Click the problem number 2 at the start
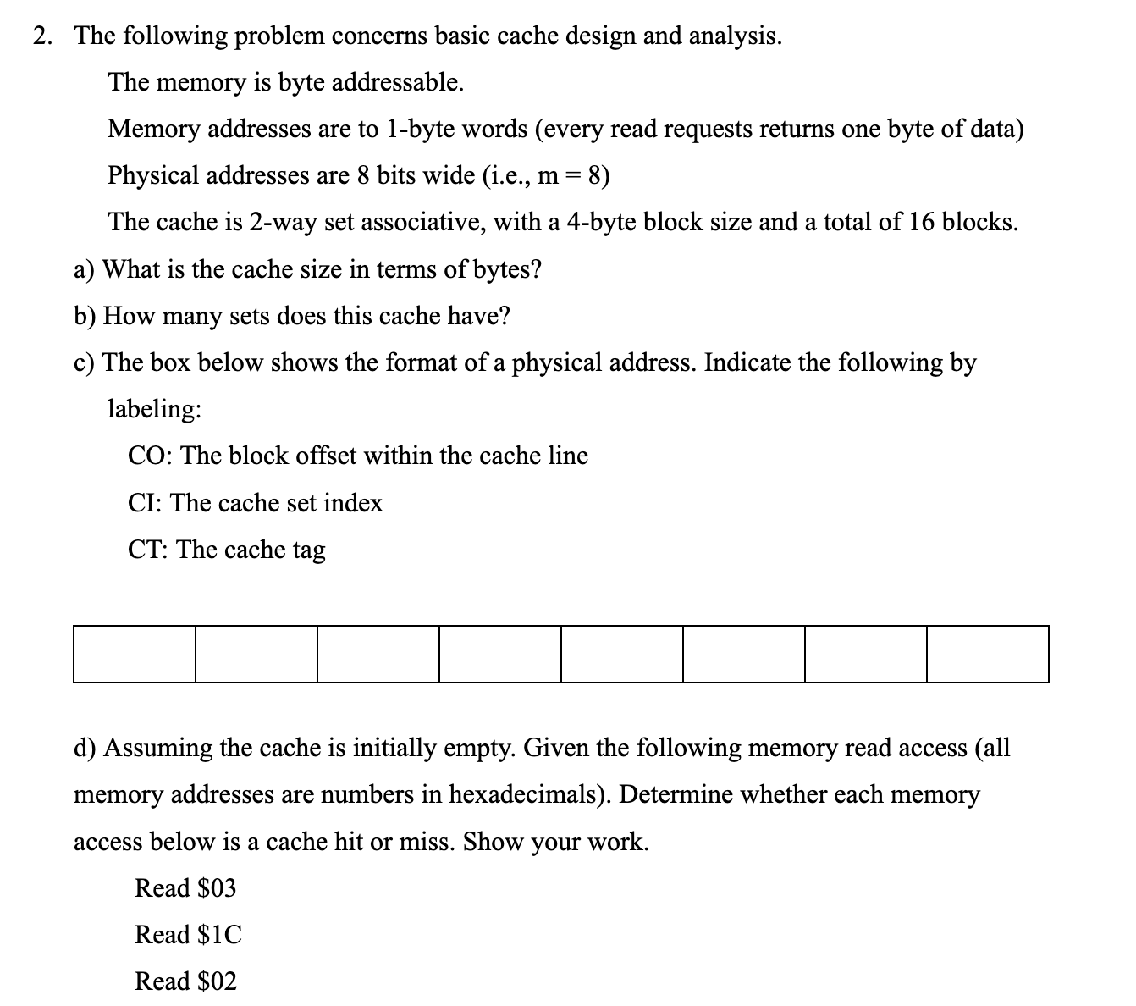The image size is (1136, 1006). click(41, 36)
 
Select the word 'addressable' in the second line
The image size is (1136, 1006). click(397, 83)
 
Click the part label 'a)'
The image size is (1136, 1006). click(84, 270)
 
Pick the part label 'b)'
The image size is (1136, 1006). click(85, 317)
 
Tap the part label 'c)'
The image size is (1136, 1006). click(84, 363)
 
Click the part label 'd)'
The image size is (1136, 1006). click(85, 749)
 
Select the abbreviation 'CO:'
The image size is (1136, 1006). click(151, 456)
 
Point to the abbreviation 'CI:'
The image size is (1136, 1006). click(146, 504)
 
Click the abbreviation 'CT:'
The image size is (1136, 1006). click(149, 550)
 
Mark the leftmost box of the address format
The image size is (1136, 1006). click(135, 654)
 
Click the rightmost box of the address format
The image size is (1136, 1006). click(987, 654)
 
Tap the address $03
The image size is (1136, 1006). click(216, 888)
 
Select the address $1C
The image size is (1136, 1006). click(218, 935)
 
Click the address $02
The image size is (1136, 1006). click(216, 982)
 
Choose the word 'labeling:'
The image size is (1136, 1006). click(154, 410)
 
